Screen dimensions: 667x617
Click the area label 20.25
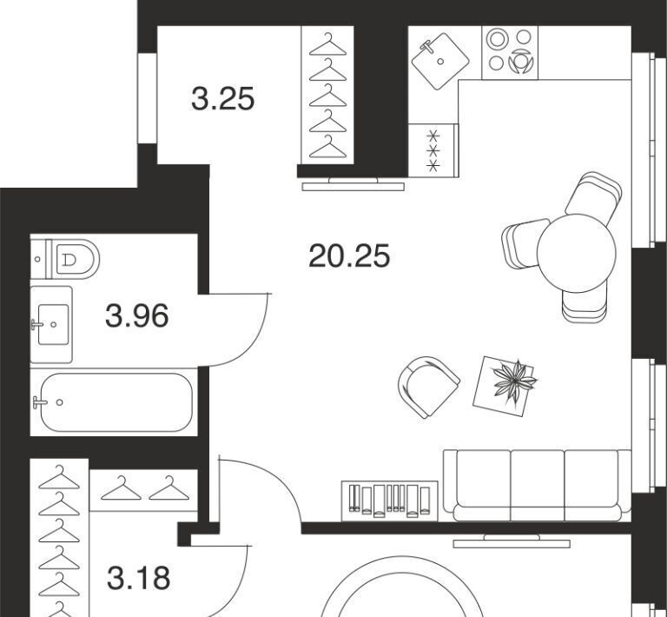349,255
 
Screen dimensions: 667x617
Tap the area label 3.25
223,99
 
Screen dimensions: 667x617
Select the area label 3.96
137,315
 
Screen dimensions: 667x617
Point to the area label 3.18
139,578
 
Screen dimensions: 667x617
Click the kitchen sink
440,62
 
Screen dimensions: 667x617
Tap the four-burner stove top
510,53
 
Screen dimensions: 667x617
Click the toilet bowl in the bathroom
75,259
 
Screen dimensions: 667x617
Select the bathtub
116,402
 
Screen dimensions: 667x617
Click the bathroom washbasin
53,324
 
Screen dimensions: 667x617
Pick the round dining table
577,253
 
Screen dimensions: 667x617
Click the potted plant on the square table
514,381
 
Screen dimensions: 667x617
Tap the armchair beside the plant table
428,387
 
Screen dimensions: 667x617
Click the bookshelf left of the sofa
390,501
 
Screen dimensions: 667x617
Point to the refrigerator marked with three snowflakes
433,150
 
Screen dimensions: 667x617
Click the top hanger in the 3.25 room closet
327,44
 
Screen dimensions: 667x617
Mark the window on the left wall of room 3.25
147,98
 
